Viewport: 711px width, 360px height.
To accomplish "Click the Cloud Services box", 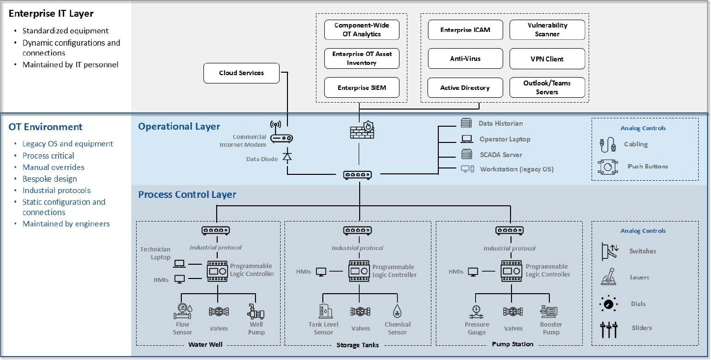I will click(241, 73).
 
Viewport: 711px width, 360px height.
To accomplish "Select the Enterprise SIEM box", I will click(362, 88).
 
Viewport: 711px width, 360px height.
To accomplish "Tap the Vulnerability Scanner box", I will click(547, 30).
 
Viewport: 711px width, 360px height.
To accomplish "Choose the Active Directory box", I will click(465, 88).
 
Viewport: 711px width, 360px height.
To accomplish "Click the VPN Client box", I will click(547, 59).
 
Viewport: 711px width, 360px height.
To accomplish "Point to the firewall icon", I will click(362, 130).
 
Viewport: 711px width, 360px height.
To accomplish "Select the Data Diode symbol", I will click(287, 157).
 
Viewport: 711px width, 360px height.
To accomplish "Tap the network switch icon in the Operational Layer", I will click(357, 174).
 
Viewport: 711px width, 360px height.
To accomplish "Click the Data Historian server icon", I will click(466, 123).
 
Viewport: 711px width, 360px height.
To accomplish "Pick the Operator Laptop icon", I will click(466, 139).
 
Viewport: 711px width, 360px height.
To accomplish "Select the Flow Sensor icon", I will click(183, 311).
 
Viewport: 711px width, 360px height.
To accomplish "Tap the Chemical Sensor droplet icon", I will click(397, 311).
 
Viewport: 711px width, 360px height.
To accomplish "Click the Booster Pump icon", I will click(549, 311).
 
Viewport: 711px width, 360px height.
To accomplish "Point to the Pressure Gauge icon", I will click(476, 311).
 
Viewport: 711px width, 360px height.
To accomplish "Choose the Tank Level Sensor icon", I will click(324, 311).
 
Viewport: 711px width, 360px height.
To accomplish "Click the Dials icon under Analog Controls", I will click(609, 304).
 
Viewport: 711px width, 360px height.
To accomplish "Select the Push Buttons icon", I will click(608, 166).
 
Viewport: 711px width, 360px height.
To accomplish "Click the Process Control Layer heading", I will click(187, 194).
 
